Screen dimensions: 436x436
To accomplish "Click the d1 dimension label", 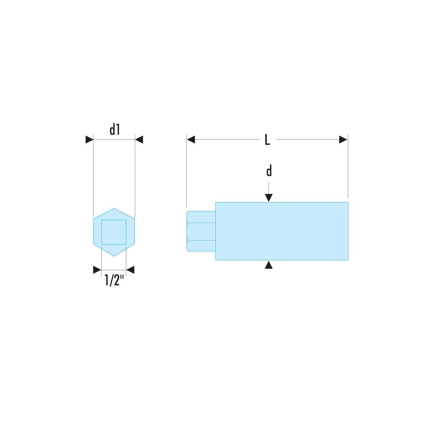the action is click(115, 130).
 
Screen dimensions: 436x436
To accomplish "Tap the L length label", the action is click(267, 140).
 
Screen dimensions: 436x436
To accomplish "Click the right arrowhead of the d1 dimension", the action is click(139, 140).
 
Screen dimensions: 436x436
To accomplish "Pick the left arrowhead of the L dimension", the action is click(191, 140).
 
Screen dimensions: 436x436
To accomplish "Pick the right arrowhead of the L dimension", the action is click(343, 140).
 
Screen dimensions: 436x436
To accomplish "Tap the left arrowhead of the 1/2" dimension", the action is click(97, 270).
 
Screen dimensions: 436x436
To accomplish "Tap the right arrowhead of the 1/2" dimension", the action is click(130, 270).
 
